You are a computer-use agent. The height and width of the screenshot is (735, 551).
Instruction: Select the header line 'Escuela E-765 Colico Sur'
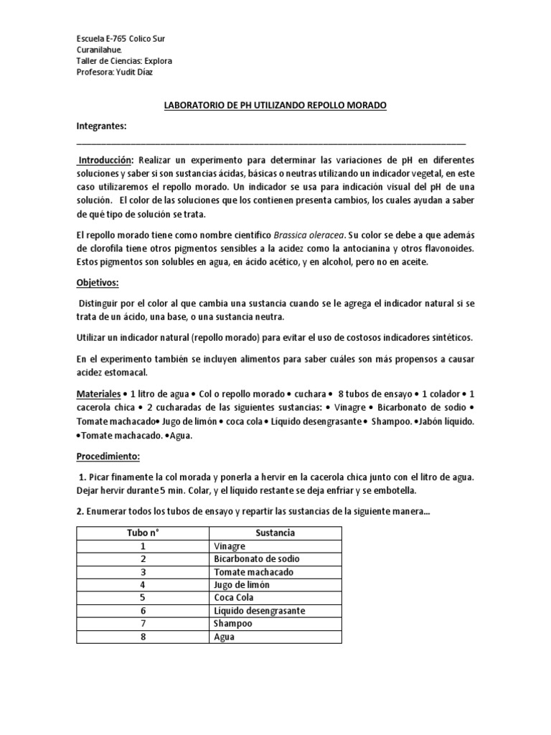click(x=124, y=38)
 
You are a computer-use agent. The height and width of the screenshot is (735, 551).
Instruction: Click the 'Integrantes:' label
click(x=101, y=126)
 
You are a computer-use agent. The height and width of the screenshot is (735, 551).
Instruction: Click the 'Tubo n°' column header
click(x=143, y=533)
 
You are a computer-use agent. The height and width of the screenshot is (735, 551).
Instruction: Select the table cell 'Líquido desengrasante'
click(x=260, y=611)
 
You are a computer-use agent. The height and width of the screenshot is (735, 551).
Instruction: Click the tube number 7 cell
click(x=143, y=624)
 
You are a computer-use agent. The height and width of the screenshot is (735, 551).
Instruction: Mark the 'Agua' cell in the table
click(x=225, y=637)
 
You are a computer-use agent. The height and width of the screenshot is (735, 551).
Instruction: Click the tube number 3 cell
click(x=143, y=572)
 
